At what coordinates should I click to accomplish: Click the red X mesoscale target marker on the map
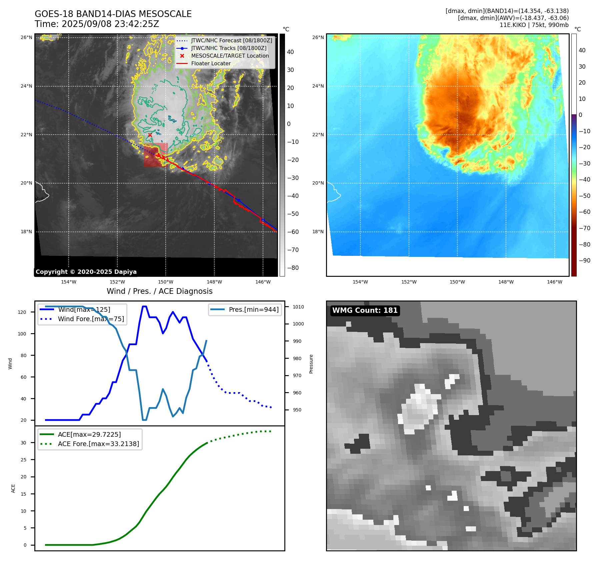point(150,135)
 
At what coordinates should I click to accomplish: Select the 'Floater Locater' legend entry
point(211,63)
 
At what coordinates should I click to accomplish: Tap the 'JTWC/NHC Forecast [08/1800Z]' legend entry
point(231,40)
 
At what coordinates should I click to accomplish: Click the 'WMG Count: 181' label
point(365,310)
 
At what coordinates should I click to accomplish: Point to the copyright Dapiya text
point(86,272)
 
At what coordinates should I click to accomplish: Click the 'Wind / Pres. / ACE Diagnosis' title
point(159,291)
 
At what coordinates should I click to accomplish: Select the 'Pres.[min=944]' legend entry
point(253,309)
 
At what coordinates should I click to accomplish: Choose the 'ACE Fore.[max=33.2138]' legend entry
point(98,444)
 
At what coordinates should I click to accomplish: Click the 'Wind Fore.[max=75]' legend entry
point(91,319)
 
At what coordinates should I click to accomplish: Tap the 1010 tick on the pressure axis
point(298,307)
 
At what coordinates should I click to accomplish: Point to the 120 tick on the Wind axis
point(22,312)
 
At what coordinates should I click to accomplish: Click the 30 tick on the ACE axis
point(23,443)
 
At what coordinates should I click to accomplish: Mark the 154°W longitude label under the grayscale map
point(69,282)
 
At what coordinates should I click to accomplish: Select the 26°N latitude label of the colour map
point(318,37)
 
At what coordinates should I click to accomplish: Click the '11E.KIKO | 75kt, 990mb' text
point(534,25)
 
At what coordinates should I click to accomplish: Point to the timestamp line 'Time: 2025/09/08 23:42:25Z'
point(97,24)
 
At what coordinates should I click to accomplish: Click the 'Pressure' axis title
point(311,364)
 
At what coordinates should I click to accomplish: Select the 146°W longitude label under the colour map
point(554,282)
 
